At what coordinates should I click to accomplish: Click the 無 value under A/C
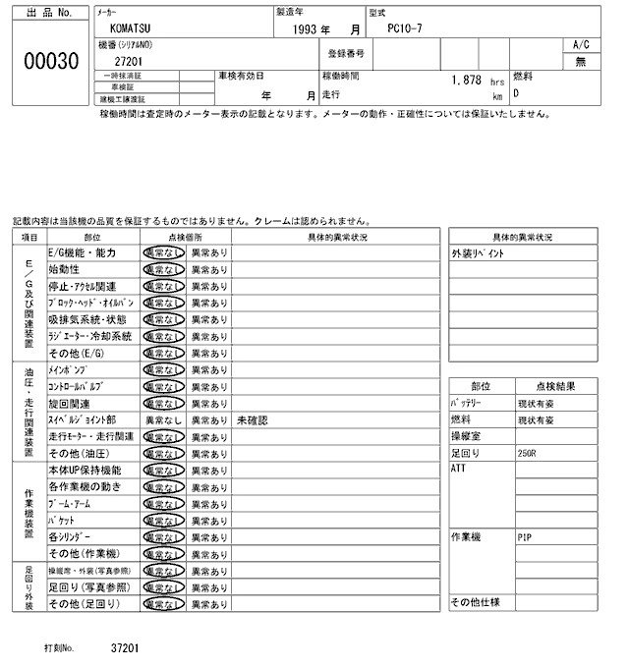(581, 61)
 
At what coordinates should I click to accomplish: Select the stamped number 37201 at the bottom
(125, 649)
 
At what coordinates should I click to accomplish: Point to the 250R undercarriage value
(527, 453)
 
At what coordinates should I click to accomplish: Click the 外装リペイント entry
(479, 253)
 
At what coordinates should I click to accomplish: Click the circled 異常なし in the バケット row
(162, 520)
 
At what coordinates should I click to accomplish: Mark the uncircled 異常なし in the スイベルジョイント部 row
(162, 419)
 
